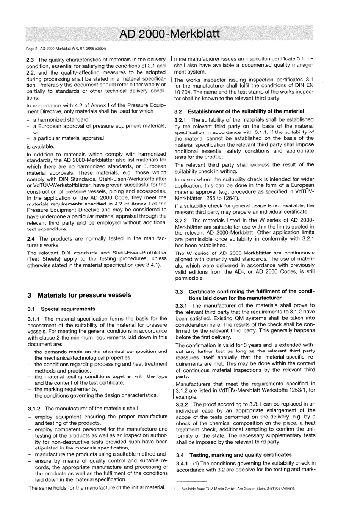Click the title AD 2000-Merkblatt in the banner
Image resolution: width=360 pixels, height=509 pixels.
click(169, 34)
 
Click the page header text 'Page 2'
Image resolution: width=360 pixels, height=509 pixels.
click(32, 49)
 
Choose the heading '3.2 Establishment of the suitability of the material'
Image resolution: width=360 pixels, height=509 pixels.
click(239, 111)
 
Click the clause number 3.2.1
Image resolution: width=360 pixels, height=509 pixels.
click(181, 120)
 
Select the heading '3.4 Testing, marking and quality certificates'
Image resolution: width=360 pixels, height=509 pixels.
click(234, 455)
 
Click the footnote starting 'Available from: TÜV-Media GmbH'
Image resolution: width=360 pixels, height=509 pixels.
click(237, 489)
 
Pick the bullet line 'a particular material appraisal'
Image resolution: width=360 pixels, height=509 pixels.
click(69, 138)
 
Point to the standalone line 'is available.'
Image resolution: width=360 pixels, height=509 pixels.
click(41, 147)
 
